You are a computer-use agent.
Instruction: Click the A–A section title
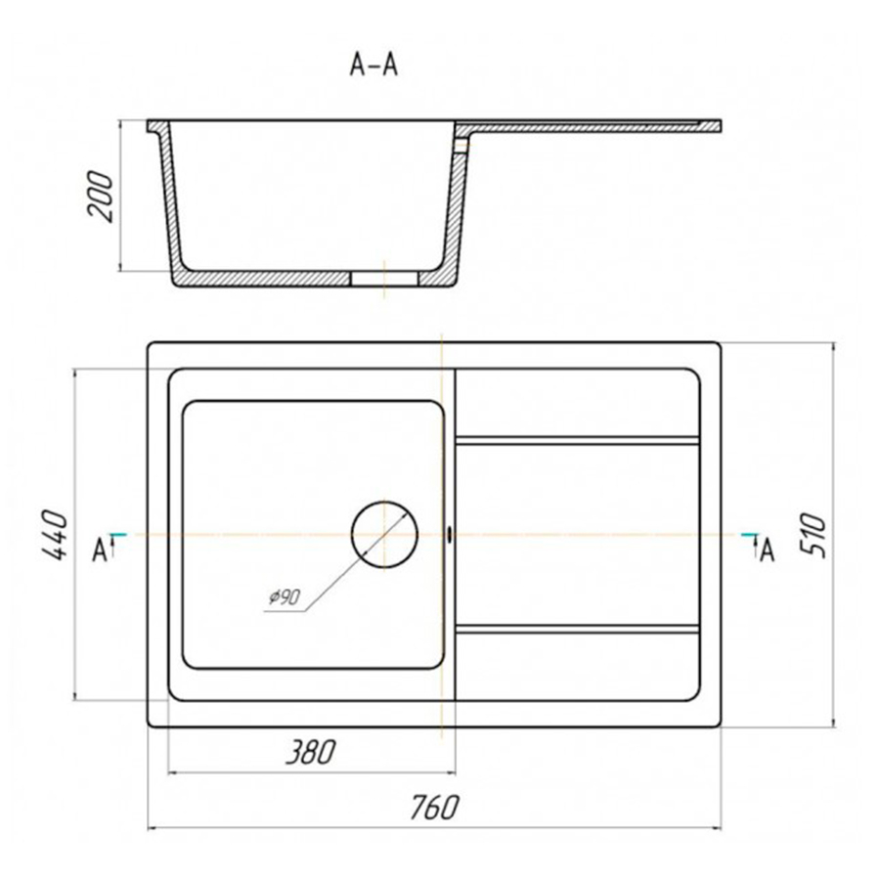(374, 65)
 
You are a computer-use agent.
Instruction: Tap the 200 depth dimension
(101, 196)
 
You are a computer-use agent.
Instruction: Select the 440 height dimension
(55, 535)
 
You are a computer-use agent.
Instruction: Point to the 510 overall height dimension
(814, 535)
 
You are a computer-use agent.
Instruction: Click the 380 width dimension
(311, 752)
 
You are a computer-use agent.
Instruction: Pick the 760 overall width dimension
(434, 808)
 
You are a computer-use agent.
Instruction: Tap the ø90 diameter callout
(284, 597)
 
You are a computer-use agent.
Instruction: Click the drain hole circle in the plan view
(385, 502)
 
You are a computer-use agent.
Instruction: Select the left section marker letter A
(100, 550)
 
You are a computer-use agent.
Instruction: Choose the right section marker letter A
(768, 550)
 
